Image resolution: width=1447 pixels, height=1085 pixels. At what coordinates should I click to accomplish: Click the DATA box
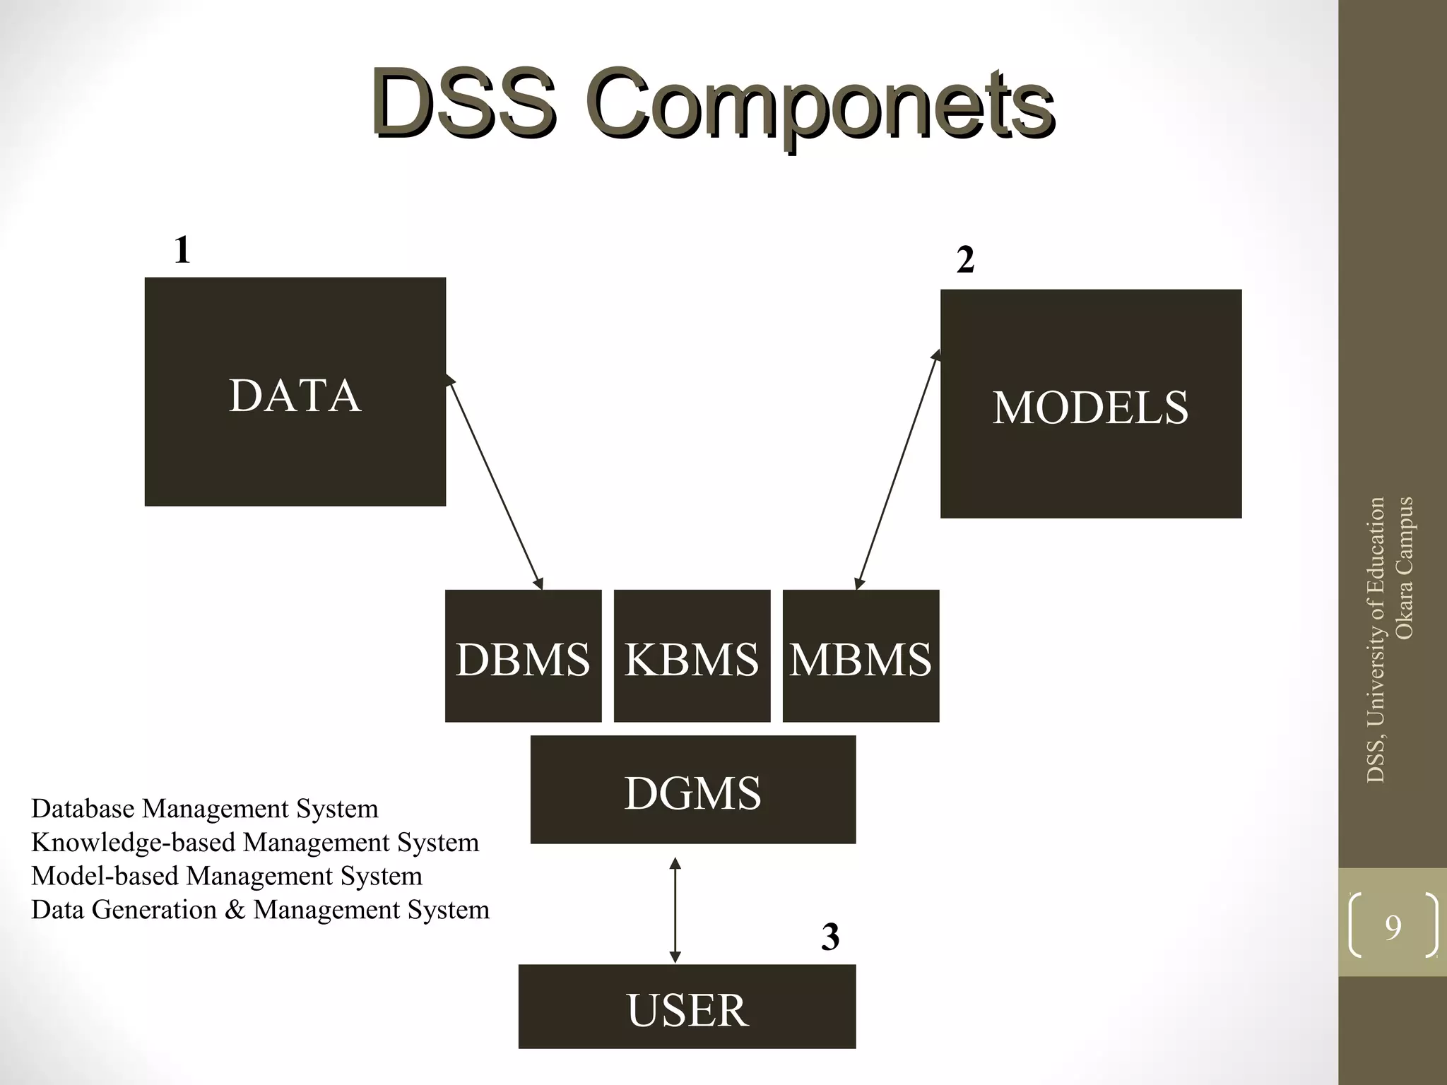tap(295, 392)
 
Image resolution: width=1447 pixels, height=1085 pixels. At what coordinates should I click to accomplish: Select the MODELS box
tap(1090, 404)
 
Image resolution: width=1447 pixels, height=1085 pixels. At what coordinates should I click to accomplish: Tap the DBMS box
tap(523, 656)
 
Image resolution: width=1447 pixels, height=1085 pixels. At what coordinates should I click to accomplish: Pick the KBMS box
tap(692, 656)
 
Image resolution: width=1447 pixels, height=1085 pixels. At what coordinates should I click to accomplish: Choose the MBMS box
tap(861, 656)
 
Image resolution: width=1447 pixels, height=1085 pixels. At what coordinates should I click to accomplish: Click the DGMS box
tap(692, 790)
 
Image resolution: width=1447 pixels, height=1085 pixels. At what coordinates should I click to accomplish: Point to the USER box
tap(687, 1007)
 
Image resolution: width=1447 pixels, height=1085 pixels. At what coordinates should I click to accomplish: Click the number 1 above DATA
tap(182, 250)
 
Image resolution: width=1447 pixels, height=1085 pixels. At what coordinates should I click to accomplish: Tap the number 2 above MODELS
tap(965, 260)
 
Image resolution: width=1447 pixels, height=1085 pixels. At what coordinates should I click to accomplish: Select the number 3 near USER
tap(830, 937)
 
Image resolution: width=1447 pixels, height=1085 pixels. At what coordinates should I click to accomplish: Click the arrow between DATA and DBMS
tap(495, 483)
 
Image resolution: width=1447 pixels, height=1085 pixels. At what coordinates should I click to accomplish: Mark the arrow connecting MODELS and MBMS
tap(897, 470)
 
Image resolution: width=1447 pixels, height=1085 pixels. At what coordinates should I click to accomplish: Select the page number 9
tap(1393, 927)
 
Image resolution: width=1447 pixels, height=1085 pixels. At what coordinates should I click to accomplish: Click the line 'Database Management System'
tap(205, 809)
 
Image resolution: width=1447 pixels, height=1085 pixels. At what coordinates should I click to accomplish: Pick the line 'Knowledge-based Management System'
tap(255, 843)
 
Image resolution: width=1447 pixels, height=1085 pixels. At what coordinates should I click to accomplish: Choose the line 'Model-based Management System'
tap(227, 876)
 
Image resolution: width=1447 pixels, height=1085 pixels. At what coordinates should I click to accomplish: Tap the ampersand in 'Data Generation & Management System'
tap(235, 910)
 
